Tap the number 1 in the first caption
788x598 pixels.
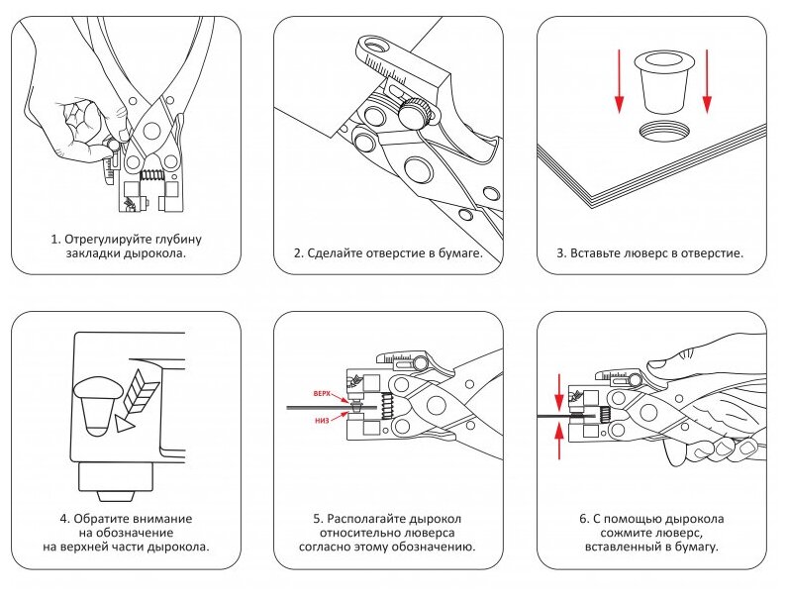coord(54,240)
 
